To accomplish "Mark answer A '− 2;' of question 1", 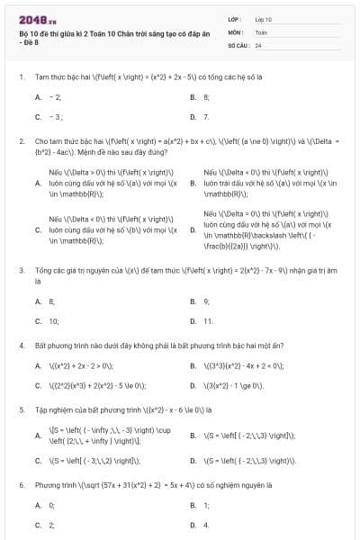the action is click(55, 96).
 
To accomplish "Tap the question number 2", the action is click(21, 141).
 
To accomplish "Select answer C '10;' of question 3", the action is click(53, 320).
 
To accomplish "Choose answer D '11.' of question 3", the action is click(208, 320).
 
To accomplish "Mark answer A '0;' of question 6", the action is click(51, 506).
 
